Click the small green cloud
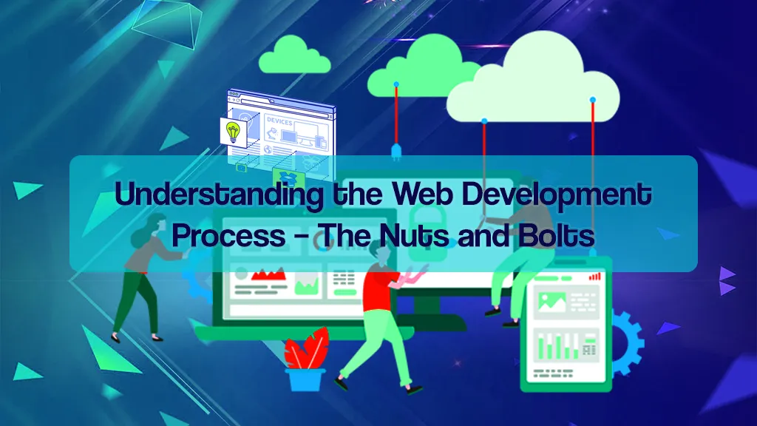point(294,56)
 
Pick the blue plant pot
point(306,379)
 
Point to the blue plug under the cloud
point(396,151)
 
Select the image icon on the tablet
point(551,300)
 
